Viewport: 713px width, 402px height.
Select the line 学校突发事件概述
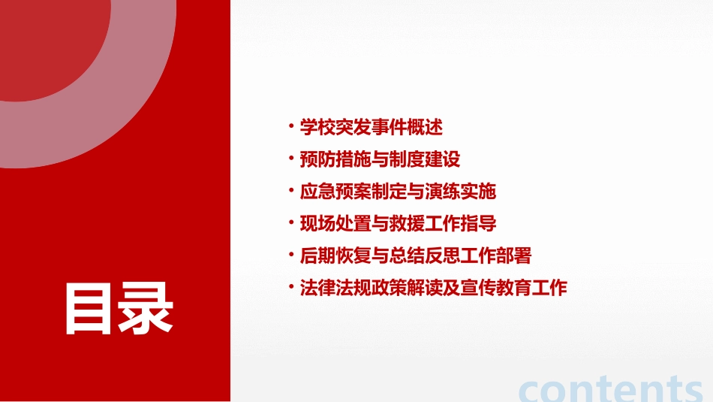(x=372, y=127)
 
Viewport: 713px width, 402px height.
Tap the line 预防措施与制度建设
(x=380, y=159)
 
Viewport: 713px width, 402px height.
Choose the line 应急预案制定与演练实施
(x=398, y=192)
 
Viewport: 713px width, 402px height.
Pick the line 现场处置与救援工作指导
(x=398, y=224)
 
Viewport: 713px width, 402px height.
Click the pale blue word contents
(x=611, y=388)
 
